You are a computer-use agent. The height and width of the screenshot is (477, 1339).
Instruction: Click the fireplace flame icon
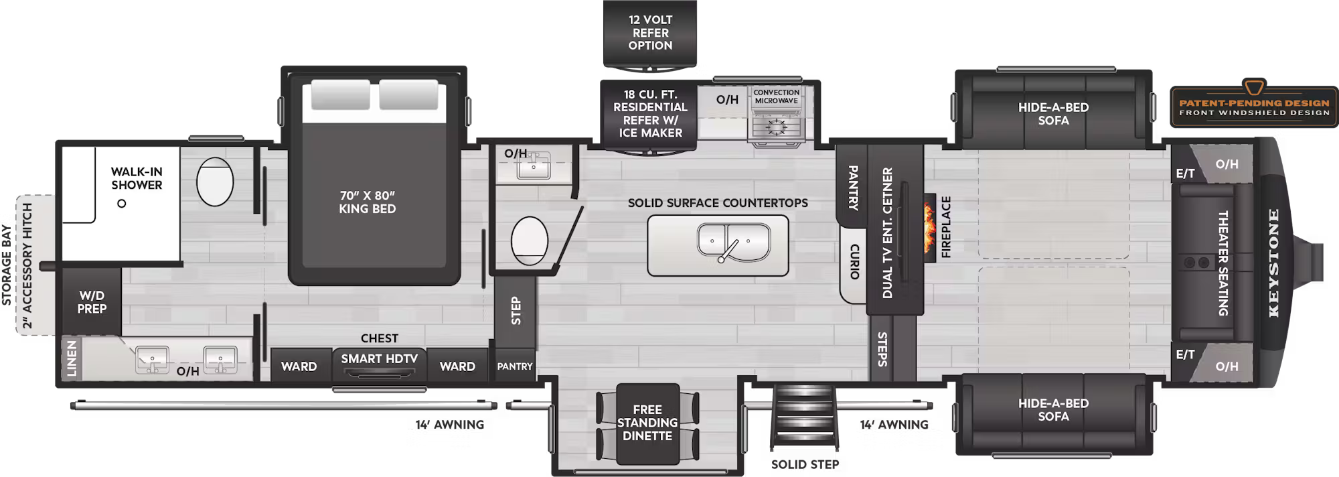[929, 228]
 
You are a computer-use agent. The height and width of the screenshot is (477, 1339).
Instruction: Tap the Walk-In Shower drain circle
[121, 204]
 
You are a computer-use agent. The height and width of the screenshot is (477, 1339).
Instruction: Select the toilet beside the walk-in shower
[215, 182]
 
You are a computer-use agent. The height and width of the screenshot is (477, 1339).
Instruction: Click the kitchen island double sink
[733, 241]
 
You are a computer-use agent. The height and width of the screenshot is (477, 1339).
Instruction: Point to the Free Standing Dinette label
[647, 423]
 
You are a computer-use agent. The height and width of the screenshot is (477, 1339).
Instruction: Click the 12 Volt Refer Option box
[650, 33]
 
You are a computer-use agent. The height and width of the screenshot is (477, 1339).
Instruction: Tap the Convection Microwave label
[776, 96]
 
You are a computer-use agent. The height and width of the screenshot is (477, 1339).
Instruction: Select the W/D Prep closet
[92, 302]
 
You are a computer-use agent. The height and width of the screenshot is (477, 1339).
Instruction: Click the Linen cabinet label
[72, 359]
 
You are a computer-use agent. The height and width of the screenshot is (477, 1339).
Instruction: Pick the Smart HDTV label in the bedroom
[379, 359]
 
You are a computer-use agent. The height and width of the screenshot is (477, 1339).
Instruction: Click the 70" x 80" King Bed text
[367, 202]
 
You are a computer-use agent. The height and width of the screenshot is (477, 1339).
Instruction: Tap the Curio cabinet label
[854, 262]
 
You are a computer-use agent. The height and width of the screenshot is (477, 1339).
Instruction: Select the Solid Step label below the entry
[805, 464]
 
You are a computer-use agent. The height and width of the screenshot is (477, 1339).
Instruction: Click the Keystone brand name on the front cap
[1273, 263]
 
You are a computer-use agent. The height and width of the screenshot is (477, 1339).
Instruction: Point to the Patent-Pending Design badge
[1254, 107]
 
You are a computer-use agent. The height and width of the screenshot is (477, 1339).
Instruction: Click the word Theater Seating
[1223, 263]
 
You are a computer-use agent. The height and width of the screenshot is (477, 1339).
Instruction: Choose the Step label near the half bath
[516, 311]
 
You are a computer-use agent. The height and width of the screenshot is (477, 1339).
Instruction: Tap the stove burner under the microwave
[776, 126]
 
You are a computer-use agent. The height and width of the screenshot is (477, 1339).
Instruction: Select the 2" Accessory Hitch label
[27, 265]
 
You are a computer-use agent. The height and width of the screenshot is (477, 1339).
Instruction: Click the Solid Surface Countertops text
[718, 203]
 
